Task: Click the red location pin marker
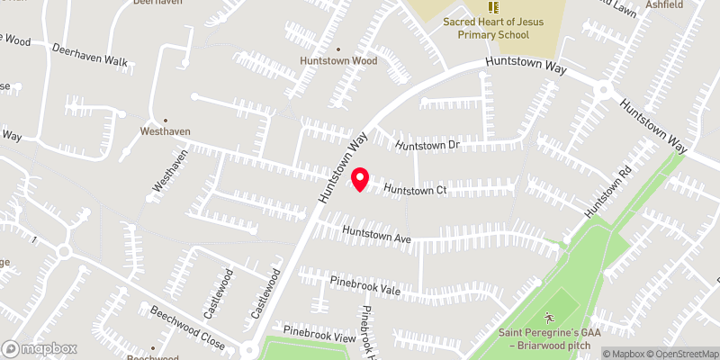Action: point(360,179)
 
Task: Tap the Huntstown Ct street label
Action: point(416,190)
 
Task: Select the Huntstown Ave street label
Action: point(376,236)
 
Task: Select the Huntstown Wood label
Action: point(338,61)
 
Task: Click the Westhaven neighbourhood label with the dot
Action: point(165,131)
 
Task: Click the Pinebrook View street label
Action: point(314,336)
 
